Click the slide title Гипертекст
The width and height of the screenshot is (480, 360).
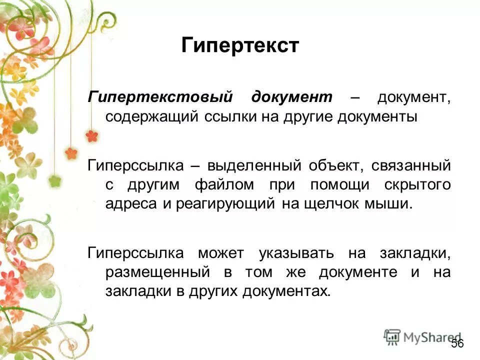pyautogui.click(x=240, y=45)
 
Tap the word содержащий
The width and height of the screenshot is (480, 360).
pyautogui.click(x=151, y=116)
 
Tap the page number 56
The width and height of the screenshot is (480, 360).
pyautogui.click(x=457, y=343)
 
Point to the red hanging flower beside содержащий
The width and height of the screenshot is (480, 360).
pyautogui.click(x=91, y=135)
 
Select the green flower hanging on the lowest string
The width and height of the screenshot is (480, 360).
pyautogui.click(x=55, y=180)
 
